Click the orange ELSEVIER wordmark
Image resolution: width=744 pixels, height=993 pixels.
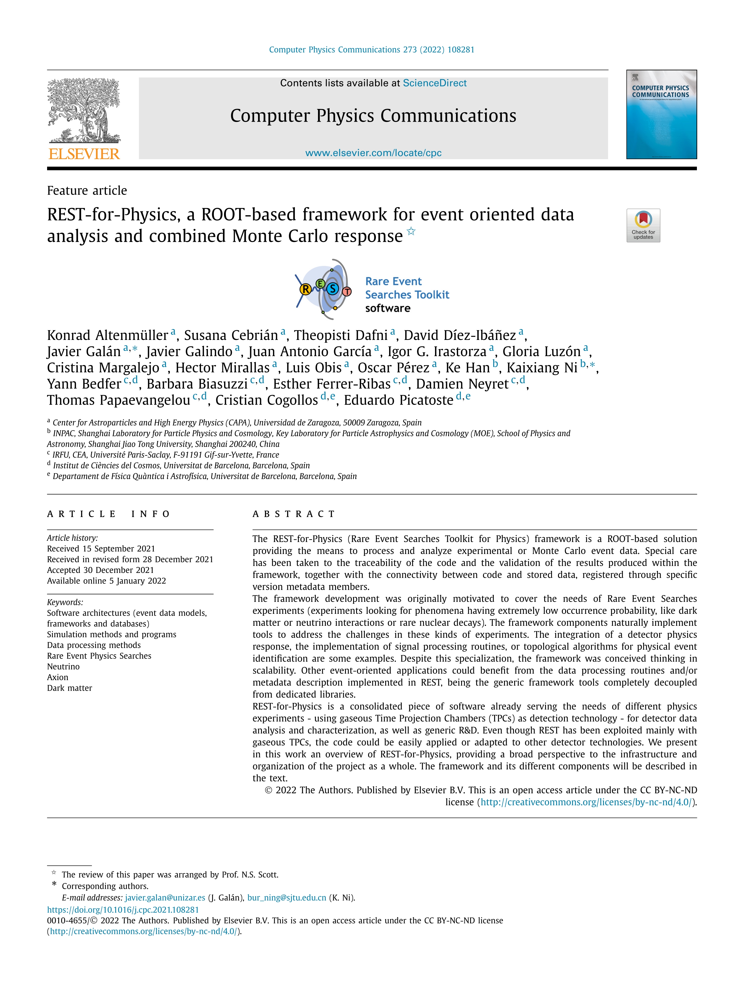84,154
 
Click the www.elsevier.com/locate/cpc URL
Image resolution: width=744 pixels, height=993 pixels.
373,153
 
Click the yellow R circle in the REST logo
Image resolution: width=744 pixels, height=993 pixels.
305,289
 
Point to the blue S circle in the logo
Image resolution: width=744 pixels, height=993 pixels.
332,289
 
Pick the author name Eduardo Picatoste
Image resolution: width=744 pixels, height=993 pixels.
398,400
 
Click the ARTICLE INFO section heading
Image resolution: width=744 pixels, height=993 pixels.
109,514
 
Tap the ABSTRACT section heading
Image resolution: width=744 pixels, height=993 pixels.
294,514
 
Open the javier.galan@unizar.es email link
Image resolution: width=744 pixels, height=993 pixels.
165,898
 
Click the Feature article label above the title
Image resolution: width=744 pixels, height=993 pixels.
87,191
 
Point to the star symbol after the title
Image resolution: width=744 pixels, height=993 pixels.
411,232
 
